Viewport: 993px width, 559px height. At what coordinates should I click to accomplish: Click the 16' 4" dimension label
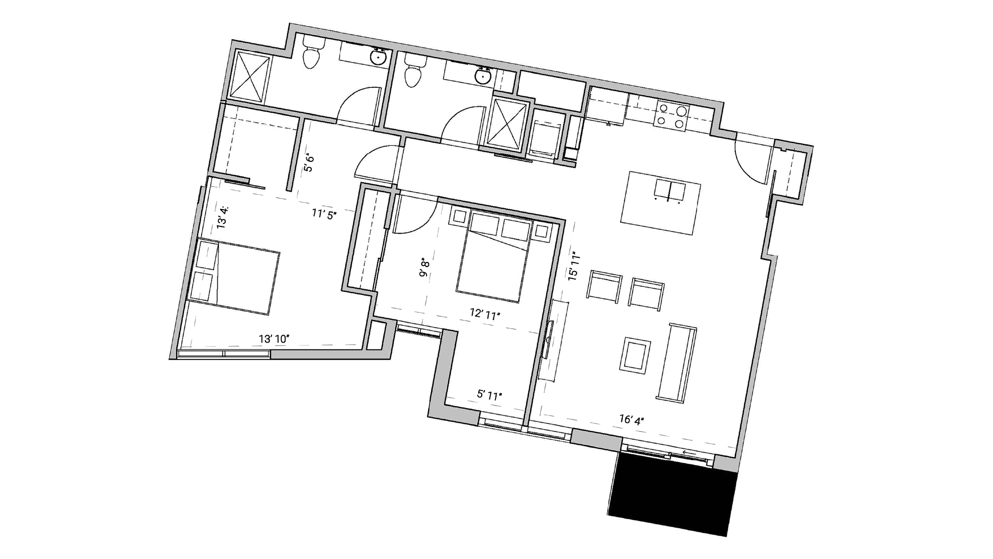click(631, 420)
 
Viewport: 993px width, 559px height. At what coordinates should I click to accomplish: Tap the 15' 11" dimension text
click(574, 267)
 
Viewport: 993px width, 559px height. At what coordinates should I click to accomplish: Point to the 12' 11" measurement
click(485, 314)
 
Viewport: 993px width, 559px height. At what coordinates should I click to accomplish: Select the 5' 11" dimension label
click(489, 395)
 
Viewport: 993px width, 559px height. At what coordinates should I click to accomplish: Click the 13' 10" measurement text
click(274, 339)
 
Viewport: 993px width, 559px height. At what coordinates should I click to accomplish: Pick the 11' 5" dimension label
click(324, 214)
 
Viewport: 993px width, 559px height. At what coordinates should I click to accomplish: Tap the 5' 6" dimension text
click(309, 163)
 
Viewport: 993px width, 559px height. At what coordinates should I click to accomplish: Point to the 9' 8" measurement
click(424, 267)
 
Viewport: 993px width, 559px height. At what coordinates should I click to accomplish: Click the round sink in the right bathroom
click(482, 77)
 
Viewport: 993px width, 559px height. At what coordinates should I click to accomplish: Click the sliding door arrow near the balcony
click(688, 453)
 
